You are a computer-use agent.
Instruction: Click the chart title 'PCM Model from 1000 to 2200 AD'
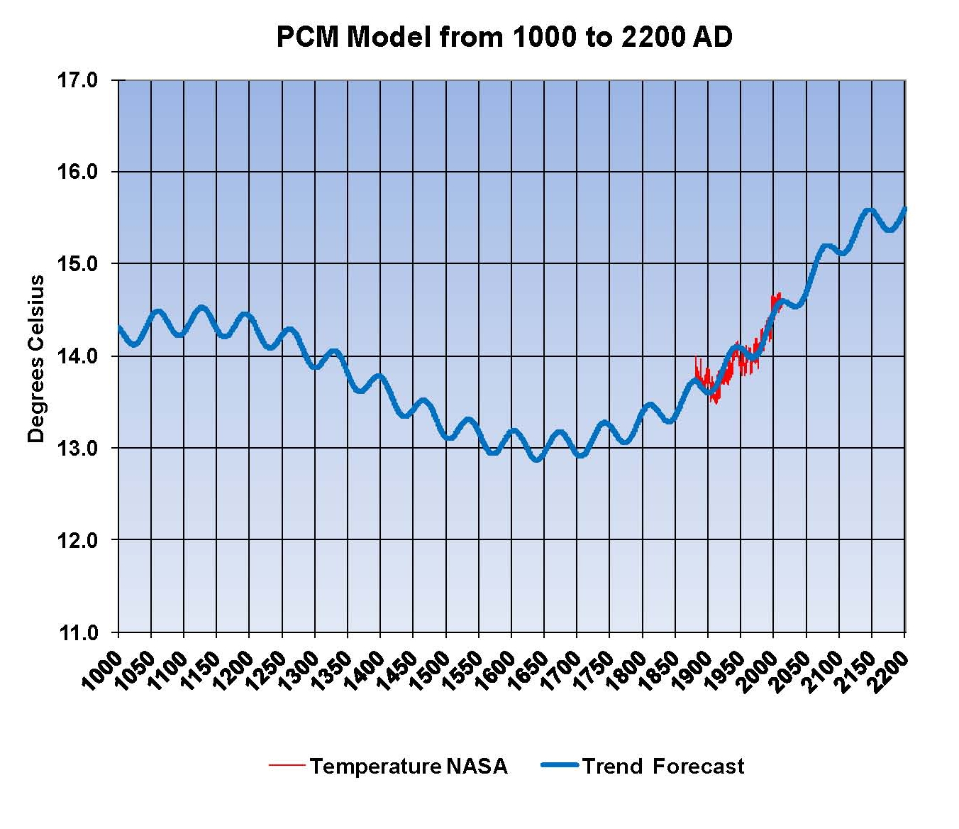504,37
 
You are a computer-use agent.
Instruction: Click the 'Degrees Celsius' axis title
36,358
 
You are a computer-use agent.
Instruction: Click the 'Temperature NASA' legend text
408,767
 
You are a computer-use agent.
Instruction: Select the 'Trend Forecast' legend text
663,767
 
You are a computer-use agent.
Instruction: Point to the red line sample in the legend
287,765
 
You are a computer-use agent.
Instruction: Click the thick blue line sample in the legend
560,765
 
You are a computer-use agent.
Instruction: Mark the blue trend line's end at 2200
904,209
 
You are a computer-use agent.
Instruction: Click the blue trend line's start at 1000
119,327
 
